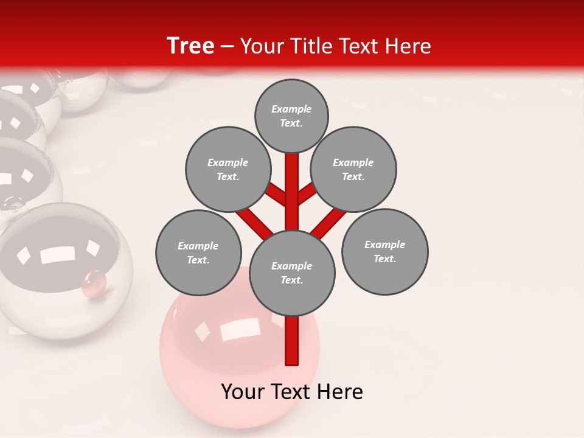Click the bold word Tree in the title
click(x=190, y=46)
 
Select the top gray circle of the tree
click(x=291, y=116)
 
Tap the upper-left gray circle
click(x=228, y=170)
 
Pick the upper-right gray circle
click(x=353, y=170)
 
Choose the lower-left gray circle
click(x=198, y=253)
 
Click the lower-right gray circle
click(x=384, y=252)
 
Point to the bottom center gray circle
click(x=292, y=273)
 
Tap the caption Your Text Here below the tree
click(x=292, y=392)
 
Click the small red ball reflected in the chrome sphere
click(x=94, y=282)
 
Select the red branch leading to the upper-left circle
click(x=277, y=195)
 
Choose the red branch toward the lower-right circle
click(x=329, y=223)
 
